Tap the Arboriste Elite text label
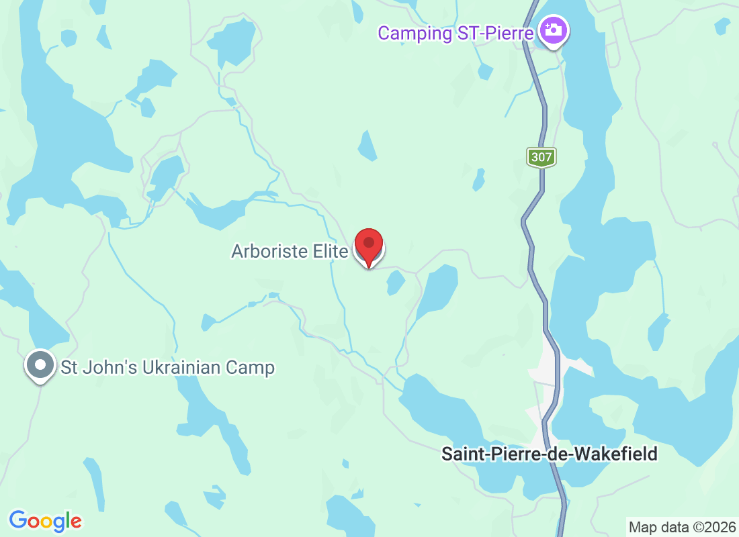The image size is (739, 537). point(290,252)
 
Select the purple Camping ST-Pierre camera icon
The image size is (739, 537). point(553,31)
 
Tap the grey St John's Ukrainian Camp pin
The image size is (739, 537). point(41,366)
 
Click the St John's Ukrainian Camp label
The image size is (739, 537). point(167,368)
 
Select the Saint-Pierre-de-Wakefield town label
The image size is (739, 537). point(549,454)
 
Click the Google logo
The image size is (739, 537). point(46,520)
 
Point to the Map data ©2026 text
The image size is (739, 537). point(680,526)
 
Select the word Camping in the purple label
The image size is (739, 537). point(414,33)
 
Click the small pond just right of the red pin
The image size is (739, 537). point(395,283)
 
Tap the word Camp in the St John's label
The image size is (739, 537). point(253,368)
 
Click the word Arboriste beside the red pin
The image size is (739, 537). point(270,252)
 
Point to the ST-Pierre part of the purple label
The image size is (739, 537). point(495,33)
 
